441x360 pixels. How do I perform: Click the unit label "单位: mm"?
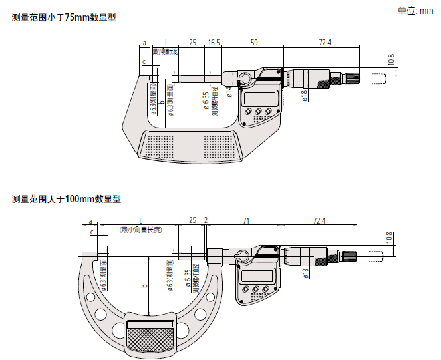pyautogui.click(x=415, y=11)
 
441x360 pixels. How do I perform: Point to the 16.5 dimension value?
pyautogui.click(x=214, y=43)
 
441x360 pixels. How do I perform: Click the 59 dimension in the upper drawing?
pyautogui.click(x=253, y=43)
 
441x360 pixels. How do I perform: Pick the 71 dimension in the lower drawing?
pyautogui.click(x=245, y=220)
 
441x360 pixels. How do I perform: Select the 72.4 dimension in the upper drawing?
pyautogui.click(x=325, y=43)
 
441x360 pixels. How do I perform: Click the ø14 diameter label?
pyautogui.click(x=229, y=92)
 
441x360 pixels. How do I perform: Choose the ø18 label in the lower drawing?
pyautogui.click(x=305, y=273)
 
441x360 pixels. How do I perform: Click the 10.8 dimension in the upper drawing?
pyautogui.click(x=391, y=60)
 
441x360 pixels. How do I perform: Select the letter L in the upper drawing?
pyautogui.click(x=166, y=43)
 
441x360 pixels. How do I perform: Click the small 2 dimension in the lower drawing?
pyautogui.click(x=206, y=220)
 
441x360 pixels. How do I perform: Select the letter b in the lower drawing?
pyautogui.click(x=144, y=286)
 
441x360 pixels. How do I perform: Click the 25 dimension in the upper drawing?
pyautogui.click(x=192, y=43)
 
